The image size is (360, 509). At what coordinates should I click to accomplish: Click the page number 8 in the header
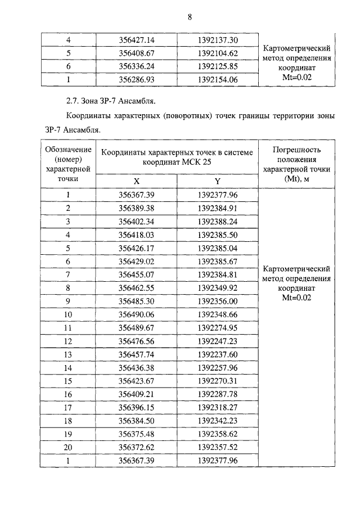pos(190,17)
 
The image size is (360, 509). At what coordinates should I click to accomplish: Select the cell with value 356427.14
pos(137,40)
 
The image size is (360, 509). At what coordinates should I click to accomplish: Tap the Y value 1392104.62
pos(218,53)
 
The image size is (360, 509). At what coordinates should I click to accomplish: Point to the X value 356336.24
pos(137,66)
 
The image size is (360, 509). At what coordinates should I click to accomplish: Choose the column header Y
pos(218,181)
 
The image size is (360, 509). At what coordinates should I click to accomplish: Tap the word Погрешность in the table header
pos(296,150)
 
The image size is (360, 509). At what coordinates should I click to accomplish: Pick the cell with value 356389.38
pos(137,208)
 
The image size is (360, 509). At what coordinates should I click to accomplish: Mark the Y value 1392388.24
pos(218,221)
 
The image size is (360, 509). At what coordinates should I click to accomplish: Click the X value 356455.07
pos(137,274)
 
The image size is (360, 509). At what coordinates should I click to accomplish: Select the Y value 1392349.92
pos(218,288)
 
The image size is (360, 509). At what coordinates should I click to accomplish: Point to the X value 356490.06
pos(137,314)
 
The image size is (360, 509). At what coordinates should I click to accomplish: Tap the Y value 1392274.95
pos(218,328)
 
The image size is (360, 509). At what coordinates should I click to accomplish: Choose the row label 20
pos(68,447)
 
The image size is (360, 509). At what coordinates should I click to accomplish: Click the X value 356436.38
pos(137,368)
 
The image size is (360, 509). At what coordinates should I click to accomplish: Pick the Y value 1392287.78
pos(218,394)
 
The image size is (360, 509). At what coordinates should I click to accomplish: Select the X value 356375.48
pos(137,434)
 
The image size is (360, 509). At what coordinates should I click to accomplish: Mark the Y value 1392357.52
pos(218,447)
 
